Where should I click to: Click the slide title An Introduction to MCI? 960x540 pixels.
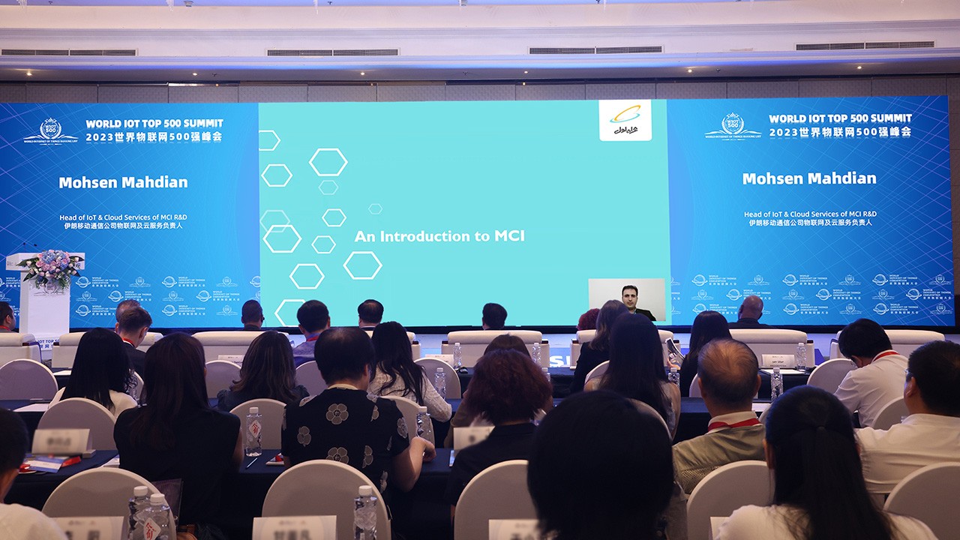[x=439, y=236]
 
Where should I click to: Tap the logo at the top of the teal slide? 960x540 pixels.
[x=625, y=121]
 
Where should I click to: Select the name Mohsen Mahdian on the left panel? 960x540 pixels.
[x=123, y=182]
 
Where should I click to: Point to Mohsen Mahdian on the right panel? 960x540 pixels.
[x=809, y=178]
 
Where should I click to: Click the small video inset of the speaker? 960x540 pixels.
[x=626, y=299]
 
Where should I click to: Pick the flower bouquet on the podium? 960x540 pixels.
[x=51, y=266]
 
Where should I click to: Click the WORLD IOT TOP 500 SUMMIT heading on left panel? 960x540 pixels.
[x=154, y=123]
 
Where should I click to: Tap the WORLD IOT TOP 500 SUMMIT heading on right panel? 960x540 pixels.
[x=840, y=118]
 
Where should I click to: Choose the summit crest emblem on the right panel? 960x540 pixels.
[x=732, y=125]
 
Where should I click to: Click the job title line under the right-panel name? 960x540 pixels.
[x=809, y=214]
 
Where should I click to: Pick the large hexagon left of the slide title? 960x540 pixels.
[x=362, y=265]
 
